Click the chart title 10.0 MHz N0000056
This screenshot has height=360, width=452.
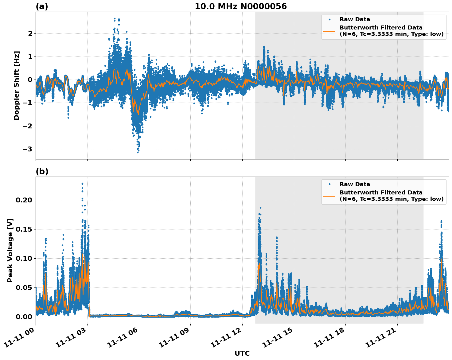pos(240,6)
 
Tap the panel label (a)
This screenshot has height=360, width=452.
pos(42,6)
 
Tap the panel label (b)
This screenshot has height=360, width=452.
pos(42,171)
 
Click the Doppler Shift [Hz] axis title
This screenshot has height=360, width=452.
pos(17,85)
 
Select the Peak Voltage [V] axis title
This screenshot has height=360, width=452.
pos(10,250)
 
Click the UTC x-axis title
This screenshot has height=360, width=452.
pos(242,353)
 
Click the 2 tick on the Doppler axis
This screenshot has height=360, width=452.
pos(30,33)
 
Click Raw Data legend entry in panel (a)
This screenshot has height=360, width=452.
pos(355,19)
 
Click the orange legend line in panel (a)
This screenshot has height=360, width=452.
pos(329,31)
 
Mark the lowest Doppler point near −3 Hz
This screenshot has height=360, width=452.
pos(138,152)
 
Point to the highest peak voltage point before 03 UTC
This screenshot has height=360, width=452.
pos(82,184)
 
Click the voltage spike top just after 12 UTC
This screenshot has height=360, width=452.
pos(260,208)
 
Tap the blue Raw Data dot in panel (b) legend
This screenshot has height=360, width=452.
pos(329,184)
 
